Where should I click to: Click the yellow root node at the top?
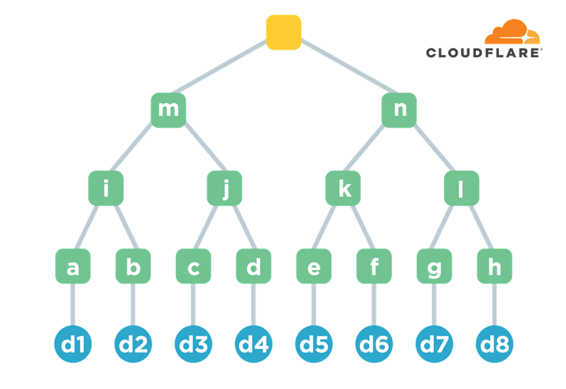pos(283,32)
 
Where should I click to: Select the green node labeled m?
pos(168,110)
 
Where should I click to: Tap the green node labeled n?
pos(399,110)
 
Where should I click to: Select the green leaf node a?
pos(72,266)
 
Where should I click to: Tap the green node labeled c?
pos(193,266)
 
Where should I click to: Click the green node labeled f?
pos(374,266)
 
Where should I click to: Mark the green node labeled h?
pos(494,266)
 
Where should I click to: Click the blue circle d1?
pos(72,344)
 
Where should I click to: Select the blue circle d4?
pos(254,344)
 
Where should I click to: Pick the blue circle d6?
pos(374,344)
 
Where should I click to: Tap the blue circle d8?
pos(494,344)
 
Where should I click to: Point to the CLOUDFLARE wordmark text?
pos(483,53)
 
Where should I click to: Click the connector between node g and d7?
pos(434,305)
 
